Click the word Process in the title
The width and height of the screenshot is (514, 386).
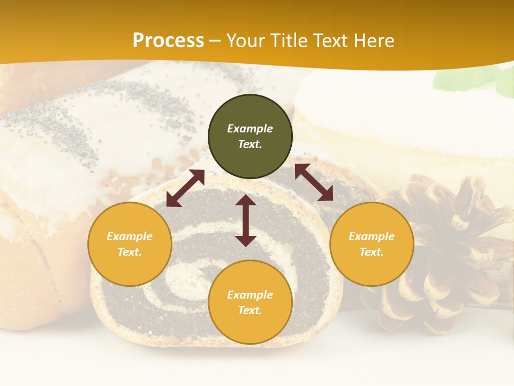click(168, 41)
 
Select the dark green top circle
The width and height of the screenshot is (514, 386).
click(250, 137)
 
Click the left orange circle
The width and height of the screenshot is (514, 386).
click(130, 244)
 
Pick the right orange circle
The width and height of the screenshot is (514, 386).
click(372, 244)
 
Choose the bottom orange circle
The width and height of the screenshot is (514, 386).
click(250, 302)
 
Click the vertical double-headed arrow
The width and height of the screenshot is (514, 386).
click(246, 220)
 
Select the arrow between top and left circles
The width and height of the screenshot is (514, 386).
click(185, 188)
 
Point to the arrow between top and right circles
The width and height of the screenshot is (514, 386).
click(314, 182)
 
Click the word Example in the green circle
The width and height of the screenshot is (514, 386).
click(250, 129)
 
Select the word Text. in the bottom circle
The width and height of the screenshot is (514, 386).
click(250, 310)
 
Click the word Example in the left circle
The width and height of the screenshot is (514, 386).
click(130, 236)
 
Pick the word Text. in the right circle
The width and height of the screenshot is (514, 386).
click(372, 252)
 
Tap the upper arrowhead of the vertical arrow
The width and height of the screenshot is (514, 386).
click(246, 201)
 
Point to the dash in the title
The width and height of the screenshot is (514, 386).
click(215, 41)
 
